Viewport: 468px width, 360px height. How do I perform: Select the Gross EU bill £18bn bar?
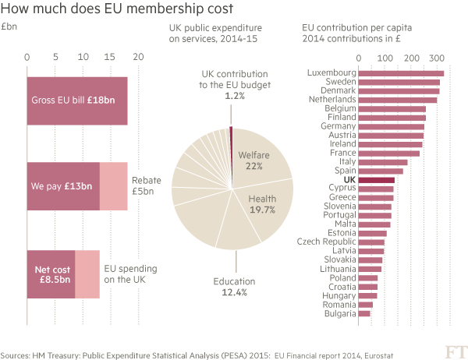(x=77, y=101)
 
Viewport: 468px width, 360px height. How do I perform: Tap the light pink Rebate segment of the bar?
(x=113, y=186)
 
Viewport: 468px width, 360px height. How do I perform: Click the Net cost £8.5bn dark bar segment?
(x=51, y=274)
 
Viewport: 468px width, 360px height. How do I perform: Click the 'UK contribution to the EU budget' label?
(x=234, y=83)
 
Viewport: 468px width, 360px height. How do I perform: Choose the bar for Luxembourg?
(x=401, y=73)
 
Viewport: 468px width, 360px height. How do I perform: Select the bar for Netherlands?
(x=397, y=100)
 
